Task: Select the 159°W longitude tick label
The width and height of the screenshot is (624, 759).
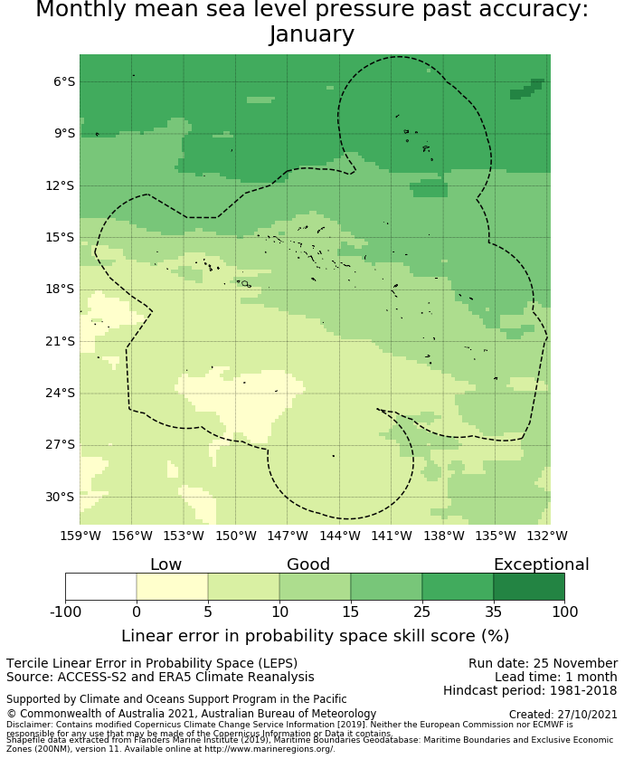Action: click(x=80, y=536)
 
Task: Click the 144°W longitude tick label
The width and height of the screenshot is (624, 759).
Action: click(x=339, y=536)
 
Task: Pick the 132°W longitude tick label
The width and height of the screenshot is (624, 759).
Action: click(x=547, y=536)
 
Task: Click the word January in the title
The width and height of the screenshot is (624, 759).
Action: click(x=312, y=34)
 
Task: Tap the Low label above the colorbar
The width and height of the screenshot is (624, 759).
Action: click(x=165, y=565)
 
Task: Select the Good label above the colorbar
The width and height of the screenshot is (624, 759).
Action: click(x=308, y=565)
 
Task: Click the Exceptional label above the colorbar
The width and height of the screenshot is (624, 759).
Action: click(x=541, y=565)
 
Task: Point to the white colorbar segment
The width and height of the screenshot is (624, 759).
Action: click(x=100, y=587)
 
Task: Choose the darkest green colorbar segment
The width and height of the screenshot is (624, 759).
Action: click(x=529, y=587)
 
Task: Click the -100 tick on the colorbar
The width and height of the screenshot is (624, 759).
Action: click(x=65, y=612)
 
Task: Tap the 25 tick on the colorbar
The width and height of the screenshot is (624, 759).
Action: click(x=421, y=612)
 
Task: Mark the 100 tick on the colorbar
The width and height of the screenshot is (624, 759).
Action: click(x=564, y=612)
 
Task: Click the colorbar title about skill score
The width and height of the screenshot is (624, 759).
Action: click(x=315, y=636)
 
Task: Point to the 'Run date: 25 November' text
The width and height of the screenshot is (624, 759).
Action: click(x=543, y=663)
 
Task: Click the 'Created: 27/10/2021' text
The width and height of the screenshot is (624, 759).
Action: click(x=563, y=714)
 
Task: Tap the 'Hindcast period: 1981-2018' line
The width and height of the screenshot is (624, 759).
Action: click(x=530, y=690)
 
